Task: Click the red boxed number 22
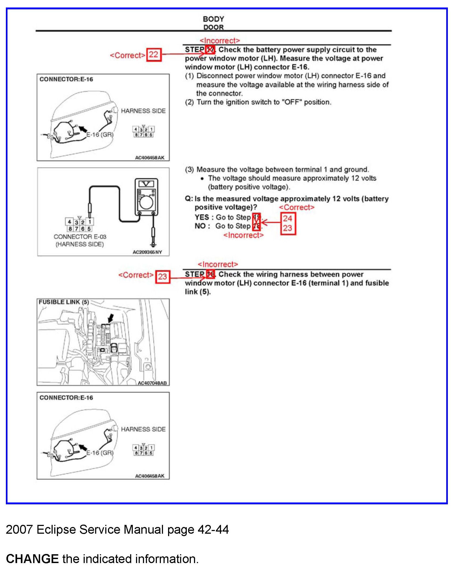[x=154, y=55]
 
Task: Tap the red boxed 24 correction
[x=288, y=218]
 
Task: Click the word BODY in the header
[x=213, y=19]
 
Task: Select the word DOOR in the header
[x=213, y=27]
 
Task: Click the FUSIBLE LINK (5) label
[x=64, y=302]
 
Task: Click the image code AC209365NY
[x=147, y=252]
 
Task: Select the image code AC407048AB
[x=152, y=383]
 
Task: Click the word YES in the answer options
[x=201, y=217]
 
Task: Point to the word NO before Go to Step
[x=200, y=226]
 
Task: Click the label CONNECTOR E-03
[x=80, y=237]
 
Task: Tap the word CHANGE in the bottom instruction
[x=32, y=559]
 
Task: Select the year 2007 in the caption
[x=19, y=530]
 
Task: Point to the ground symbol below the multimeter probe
[x=153, y=245]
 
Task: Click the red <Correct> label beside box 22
[x=127, y=55]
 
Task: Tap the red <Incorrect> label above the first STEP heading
[x=220, y=41]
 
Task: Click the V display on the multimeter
[x=146, y=184]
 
